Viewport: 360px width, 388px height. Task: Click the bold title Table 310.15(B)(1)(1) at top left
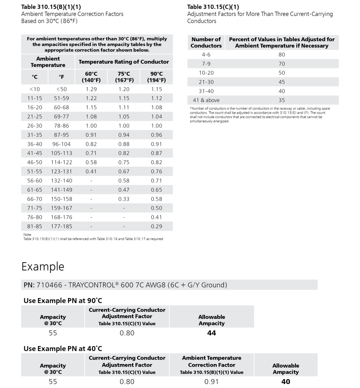tap(51, 7)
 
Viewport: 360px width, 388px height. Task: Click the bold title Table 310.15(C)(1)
tap(213, 7)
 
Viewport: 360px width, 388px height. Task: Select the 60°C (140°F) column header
tap(91, 77)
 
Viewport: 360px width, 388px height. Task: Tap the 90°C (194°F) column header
tap(156, 77)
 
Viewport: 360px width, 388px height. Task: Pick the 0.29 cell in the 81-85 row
tap(156, 226)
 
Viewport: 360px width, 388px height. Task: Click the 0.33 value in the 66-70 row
tap(124, 199)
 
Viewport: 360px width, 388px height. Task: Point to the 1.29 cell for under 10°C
tap(91, 89)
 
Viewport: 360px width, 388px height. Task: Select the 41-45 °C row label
tap(35, 153)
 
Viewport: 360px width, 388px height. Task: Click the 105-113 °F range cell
tap(61, 153)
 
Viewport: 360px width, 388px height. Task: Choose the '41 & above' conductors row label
tap(206, 100)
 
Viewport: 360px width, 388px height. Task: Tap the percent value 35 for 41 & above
tap(282, 100)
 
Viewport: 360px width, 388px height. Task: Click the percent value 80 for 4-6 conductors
tap(282, 55)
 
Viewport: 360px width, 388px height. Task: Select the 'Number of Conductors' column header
tap(206, 43)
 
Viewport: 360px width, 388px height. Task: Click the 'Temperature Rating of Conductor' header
tap(124, 62)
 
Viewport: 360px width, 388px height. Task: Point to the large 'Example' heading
tap(43, 267)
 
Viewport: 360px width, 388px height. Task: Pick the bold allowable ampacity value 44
tap(211, 333)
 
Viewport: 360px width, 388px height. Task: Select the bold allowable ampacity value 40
tap(286, 382)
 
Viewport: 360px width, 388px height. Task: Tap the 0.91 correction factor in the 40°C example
tap(211, 382)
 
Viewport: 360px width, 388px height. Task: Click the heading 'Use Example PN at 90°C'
tap(63, 301)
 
